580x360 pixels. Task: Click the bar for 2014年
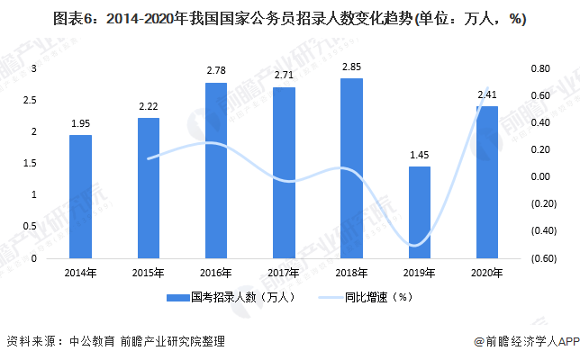click(x=80, y=196)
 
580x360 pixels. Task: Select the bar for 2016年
click(x=216, y=170)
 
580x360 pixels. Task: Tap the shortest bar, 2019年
click(x=420, y=212)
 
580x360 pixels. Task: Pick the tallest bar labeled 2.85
click(x=351, y=168)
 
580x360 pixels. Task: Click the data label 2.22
click(x=149, y=106)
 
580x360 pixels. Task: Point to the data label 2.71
click(x=284, y=76)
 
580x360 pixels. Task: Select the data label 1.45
click(x=420, y=155)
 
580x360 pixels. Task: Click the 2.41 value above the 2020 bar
click(x=487, y=94)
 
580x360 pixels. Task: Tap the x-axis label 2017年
click(x=284, y=272)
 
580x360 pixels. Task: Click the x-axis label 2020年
click(x=487, y=272)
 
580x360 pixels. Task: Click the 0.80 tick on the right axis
click(x=539, y=68)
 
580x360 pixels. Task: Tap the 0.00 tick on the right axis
click(x=539, y=176)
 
